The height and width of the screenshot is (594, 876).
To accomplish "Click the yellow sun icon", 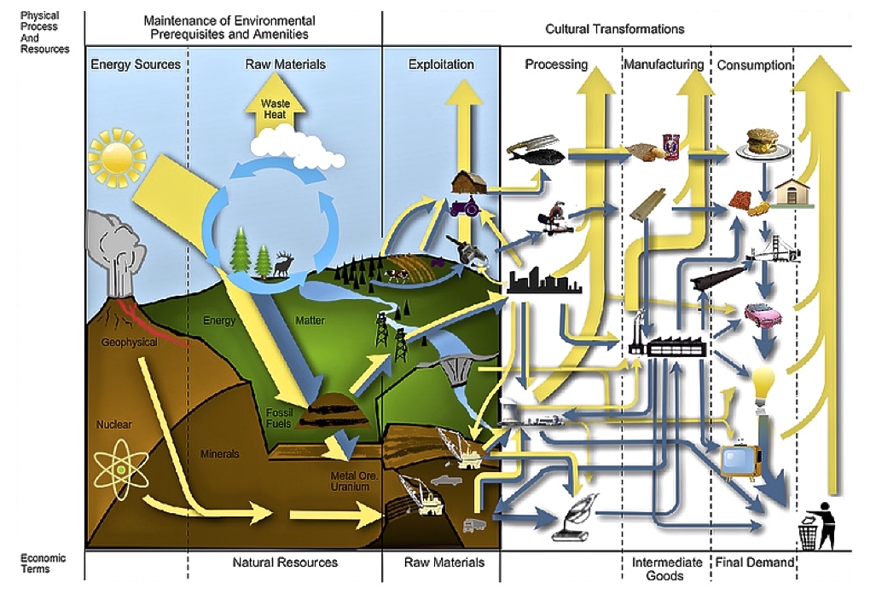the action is coord(116,157).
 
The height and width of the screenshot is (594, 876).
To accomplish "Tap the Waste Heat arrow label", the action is coord(276,109).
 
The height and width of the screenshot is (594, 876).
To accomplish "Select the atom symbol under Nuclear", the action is coord(120,470).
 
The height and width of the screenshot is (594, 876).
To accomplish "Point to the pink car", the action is coord(763,314).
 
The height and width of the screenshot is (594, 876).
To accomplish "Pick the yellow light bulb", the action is coord(763,385).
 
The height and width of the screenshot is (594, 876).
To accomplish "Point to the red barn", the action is coord(469,182).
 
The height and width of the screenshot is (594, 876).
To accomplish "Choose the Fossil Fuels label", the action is coord(279,418).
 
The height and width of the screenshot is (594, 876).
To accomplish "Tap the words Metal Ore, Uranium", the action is coord(354,482).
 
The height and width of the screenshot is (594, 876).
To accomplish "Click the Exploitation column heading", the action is coord(441,64).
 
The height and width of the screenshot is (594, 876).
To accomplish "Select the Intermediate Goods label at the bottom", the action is coord(666,569).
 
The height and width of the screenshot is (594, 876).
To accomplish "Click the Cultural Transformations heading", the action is coord(614,29).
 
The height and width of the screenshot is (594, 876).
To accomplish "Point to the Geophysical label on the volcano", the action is coord(129,343).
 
